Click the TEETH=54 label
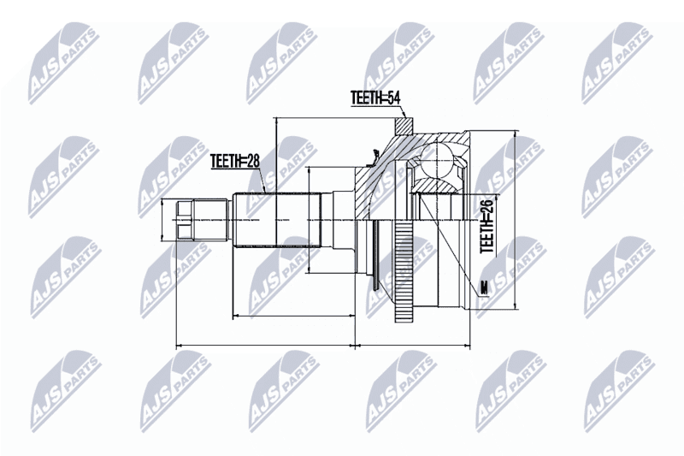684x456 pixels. click(375, 98)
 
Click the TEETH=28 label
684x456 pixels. click(234, 161)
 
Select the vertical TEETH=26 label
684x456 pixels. click(486, 225)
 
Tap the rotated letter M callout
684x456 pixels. click(483, 288)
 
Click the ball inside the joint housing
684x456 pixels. click(438, 160)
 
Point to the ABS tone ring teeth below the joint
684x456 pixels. click(404, 272)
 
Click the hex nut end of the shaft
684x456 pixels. click(184, 220)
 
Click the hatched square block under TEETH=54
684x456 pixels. click(404, 126)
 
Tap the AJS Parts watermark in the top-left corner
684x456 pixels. click(63, 63)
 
